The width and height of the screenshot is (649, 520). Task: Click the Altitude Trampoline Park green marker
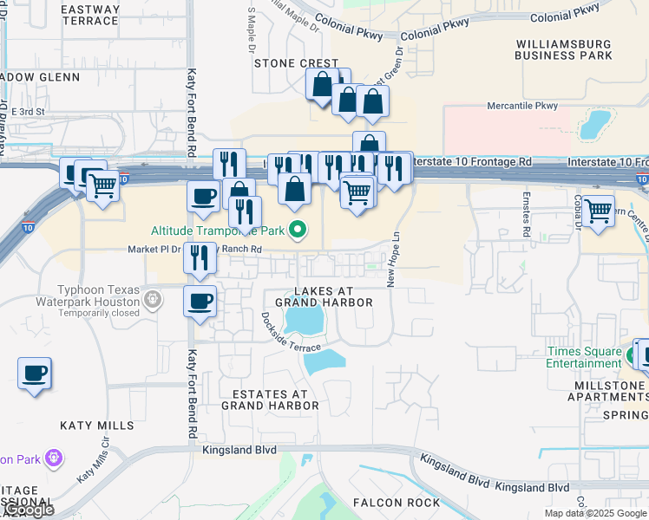point(298,231)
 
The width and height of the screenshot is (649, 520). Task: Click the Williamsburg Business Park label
point(563,49)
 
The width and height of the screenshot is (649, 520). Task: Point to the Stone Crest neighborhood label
point(296,63)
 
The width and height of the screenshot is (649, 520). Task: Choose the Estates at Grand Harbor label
point(269,399)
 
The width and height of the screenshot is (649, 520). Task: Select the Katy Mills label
point(97,426)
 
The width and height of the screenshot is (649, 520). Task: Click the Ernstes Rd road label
point(526,220)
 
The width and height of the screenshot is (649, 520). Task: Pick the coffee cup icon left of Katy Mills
point(35,374)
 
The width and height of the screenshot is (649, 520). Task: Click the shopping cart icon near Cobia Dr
point(599,210)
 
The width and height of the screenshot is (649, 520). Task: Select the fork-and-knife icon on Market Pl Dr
point(200,257)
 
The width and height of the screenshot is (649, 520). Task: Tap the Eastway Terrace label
point(91,15)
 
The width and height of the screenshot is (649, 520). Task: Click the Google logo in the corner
point(28,510)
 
